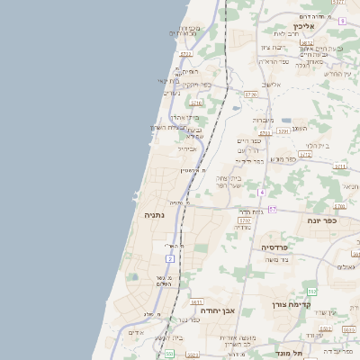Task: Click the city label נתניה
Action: click(x=154, y=216)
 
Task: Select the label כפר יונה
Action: click(x=321, y=220)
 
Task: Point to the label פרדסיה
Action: click(x=274, y=247)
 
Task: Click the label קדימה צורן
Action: click(x=291, y=304)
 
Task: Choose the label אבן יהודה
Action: click(x=217, y=310)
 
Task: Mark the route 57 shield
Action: click(x=272, y=210)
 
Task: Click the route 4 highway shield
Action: click(x=261, y=193)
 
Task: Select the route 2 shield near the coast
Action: click(x=169, y=258)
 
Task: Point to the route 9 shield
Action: click(x=342, y=20)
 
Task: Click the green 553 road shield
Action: click(x=311, y=292)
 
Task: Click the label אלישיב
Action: click(x=270, y=85)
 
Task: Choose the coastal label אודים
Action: click(x=136, y=332)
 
